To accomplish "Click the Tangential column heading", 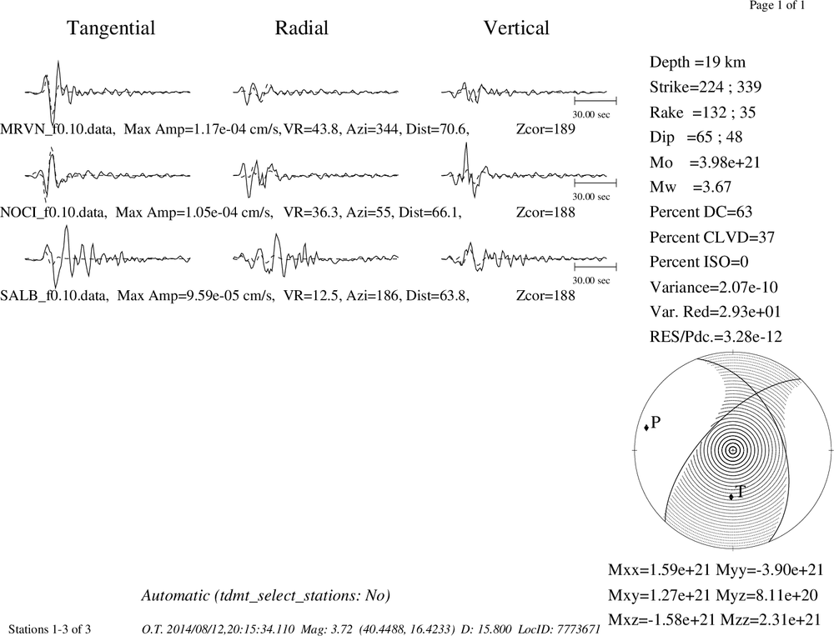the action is (111, 28).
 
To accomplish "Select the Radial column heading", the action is (302, 28).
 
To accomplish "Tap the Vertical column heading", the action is (516, 28).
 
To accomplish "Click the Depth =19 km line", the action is (697, 63).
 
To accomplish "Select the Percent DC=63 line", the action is (701, 213).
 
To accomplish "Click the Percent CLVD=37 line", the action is (712, 238).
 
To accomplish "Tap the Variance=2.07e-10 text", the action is (714, 288).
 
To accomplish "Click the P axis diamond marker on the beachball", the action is (646, 428).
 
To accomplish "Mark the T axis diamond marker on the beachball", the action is (731, 497).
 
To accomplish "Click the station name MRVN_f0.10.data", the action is (58, 129).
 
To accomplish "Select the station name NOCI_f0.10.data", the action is (53, 213).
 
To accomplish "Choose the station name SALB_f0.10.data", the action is (54, 296).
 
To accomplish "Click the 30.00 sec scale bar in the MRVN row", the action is (595, 101).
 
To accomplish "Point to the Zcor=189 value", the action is (545, 129).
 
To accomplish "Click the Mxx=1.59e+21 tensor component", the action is (660, 569).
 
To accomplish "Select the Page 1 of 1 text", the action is (777, 5).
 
